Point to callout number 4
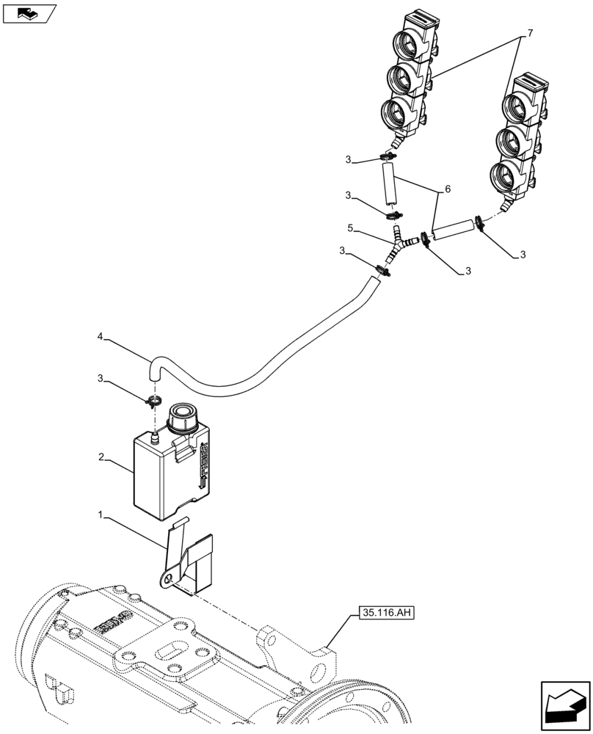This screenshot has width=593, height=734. [100, 338]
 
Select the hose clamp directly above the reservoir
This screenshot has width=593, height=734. [153, 401]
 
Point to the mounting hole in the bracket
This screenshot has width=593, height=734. [169, 580]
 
